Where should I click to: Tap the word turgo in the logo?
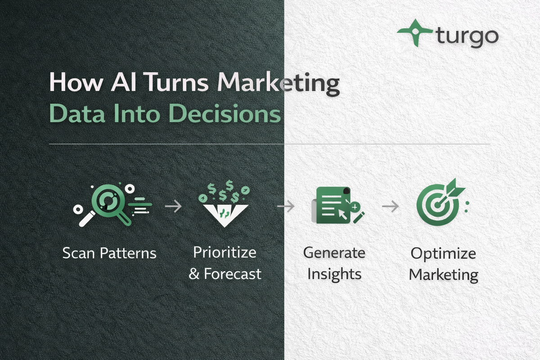coord(467,36)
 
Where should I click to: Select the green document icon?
coord(333,205)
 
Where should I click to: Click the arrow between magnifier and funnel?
coord(173,207)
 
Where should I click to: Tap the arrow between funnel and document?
coord(285,207)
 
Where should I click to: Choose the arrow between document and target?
coord(390,207)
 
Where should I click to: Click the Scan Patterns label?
coord(109,253)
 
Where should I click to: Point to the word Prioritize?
coord(225,252)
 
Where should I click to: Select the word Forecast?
coord(233,274)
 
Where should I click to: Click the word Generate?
coord(334,252)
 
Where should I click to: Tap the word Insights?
coord(334,274)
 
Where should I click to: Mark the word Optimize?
coord(443,253)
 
